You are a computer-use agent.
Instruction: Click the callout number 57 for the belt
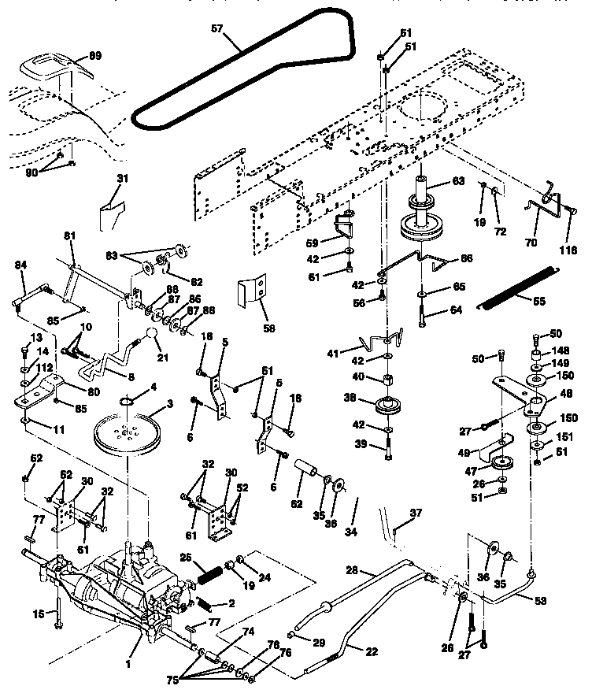point(216,28)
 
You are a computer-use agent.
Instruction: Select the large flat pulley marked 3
point(126,433)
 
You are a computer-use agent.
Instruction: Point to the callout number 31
point(120,178)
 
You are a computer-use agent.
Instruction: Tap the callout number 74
point(248,632)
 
